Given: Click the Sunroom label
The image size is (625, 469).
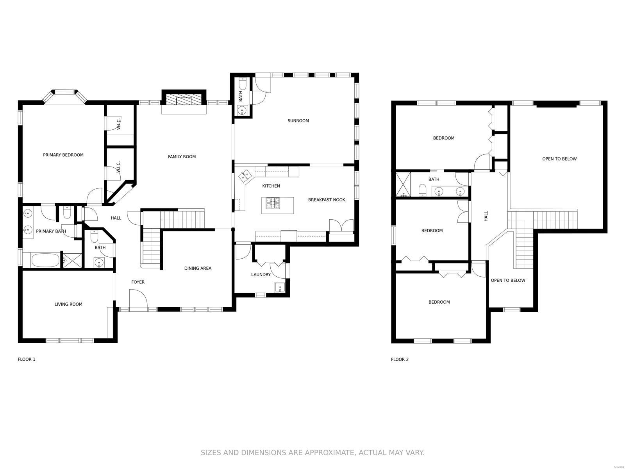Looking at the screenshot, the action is [x=298, y=121].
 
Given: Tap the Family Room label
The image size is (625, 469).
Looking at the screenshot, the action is [x=182, y=157].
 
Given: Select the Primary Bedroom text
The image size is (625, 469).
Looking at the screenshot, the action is [x=63, y=155].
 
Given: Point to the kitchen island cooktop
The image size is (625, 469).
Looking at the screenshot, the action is [x=273, y=203].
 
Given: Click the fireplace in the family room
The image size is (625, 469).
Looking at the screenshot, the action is [x=184, y=100].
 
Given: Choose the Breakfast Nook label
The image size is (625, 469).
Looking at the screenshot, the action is [x=327, y=200].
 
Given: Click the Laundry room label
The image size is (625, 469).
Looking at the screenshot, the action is [x=261, y=274].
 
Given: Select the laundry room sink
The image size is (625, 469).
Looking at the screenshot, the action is [x=280, y=287].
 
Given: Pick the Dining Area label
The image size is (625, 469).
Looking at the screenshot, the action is [x=198, y=268].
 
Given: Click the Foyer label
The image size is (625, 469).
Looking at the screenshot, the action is [x=138, y=282].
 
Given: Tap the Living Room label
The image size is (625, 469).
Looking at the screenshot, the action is [x=68, y=304].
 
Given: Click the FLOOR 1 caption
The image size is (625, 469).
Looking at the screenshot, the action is [x=27, y=359].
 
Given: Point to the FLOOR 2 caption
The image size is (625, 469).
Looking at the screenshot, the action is [x=400, y=360].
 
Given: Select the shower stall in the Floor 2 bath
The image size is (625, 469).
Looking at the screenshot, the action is [x=403, y=184].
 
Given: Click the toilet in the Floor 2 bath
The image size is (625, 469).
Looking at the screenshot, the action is [x=422, y=190].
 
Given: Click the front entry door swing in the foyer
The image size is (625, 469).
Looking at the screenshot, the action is [x=138, y=299].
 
